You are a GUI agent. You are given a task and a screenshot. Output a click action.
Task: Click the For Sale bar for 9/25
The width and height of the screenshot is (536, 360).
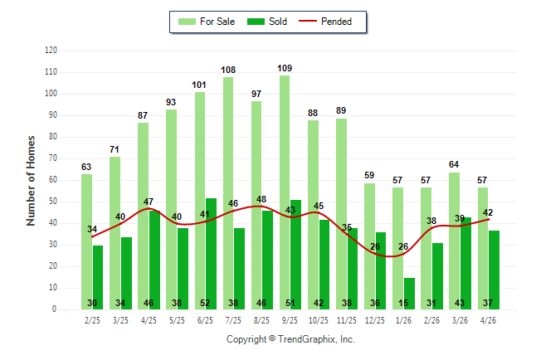[285, 192]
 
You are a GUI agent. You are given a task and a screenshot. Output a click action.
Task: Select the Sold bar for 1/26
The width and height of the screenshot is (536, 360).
[409, 294]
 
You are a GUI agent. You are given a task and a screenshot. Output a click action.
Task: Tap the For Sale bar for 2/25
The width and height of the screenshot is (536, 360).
[86, 241]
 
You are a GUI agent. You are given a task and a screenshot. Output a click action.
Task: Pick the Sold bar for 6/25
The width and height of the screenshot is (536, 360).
[211, 254]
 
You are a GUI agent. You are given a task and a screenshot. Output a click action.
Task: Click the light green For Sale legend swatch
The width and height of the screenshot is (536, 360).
[187, 22]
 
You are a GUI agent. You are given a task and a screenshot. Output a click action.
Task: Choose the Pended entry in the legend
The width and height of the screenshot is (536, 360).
[325, 22]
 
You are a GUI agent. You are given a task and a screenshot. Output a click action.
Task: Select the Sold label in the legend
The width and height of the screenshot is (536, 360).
[278, 22]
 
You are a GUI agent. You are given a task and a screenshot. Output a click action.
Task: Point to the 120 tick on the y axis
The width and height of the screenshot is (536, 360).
[51, 51]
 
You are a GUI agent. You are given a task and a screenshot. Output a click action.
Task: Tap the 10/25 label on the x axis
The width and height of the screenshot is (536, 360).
[319, 320]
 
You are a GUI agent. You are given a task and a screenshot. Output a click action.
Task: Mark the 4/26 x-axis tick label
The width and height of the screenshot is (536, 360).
[488, 320]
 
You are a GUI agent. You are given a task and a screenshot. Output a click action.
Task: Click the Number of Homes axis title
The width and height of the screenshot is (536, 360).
[31, 181]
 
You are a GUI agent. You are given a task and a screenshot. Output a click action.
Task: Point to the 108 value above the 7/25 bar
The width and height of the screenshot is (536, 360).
[228, 70]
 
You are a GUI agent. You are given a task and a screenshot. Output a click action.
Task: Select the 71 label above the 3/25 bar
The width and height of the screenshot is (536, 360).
[115, 149]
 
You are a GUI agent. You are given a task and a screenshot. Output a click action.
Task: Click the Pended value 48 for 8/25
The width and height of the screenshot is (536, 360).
[261, 199]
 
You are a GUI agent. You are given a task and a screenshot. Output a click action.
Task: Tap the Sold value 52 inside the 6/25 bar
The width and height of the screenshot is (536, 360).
[205, 303]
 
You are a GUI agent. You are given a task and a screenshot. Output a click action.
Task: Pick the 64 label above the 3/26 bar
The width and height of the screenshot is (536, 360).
[454, 164]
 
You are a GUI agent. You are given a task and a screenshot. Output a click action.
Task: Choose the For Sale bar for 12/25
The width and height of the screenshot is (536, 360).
[369, 246]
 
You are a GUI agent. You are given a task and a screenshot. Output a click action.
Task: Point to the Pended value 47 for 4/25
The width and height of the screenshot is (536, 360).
[149, 202]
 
